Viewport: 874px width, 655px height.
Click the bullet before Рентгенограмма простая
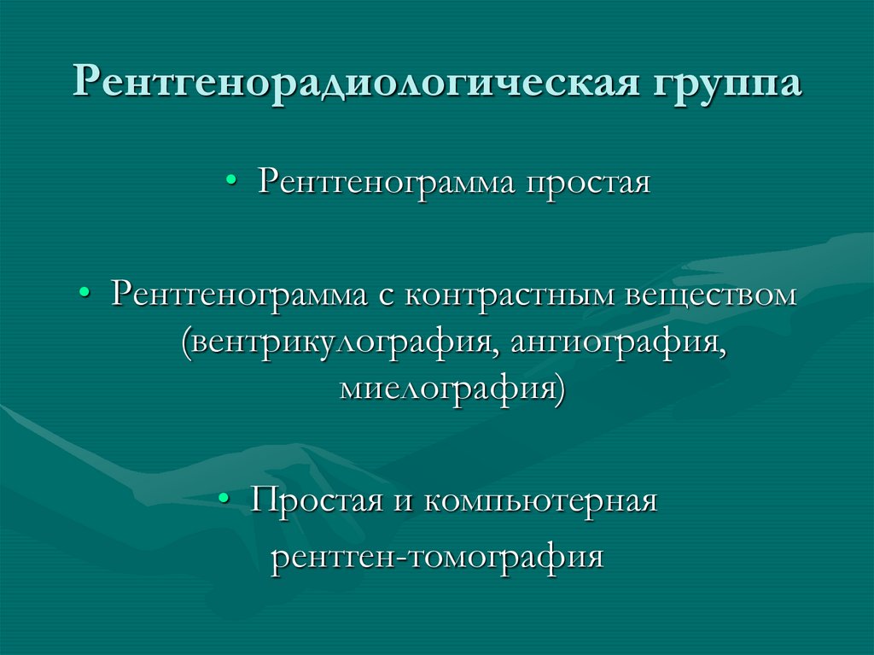pyautogui.click(x=232, y=182)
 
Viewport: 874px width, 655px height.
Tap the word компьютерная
pyautogui.click(x=538, y=500)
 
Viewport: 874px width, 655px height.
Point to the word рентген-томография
pyautogui.click(x=437, y=557)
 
